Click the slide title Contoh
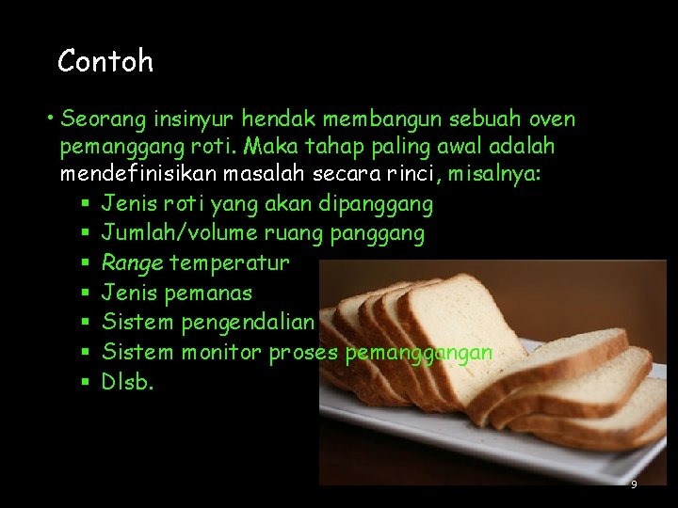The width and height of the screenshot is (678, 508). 105,62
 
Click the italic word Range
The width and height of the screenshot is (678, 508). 131,263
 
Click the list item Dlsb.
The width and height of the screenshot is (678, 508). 127,382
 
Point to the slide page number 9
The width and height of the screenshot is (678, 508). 634,484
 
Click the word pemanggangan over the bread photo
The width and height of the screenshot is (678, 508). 419,353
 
